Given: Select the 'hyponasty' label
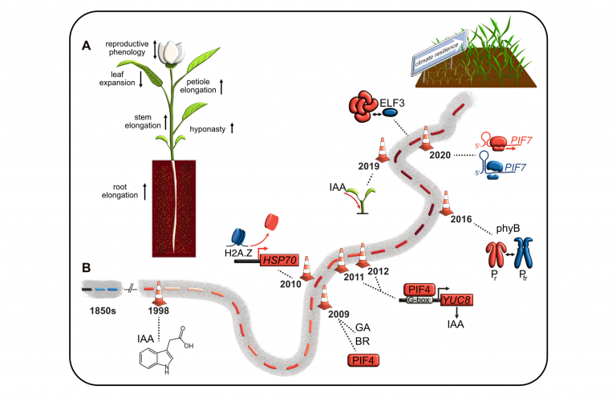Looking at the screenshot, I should pos(207,128).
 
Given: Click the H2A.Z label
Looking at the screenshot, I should pos(241,256).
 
